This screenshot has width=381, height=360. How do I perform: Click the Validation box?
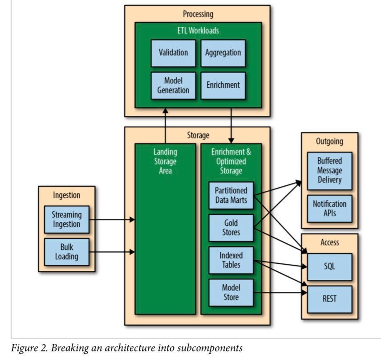[173, 53]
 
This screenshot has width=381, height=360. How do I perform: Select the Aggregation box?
[223, 53]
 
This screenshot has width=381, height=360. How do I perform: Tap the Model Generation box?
[173, 85]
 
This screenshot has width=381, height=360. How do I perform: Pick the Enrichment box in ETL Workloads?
[223, 85]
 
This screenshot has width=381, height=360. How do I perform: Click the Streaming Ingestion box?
[66, 219]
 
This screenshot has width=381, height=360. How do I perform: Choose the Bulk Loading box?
[66, 252]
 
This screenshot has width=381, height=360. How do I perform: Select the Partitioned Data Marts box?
[231, 195]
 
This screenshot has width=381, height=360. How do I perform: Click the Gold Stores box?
[231, 228]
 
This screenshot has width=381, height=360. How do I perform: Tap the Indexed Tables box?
[231, 260]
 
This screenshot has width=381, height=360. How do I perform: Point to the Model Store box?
[231, 292]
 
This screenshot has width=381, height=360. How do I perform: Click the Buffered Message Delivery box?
[329, 171]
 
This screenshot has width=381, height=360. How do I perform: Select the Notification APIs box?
[329, 209]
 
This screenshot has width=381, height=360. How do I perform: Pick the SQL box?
[329, 266]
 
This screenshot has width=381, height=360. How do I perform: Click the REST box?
[329, 299]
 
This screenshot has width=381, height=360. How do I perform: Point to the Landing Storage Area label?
[165, 162]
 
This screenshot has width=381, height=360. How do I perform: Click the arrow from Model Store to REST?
[280, 293]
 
